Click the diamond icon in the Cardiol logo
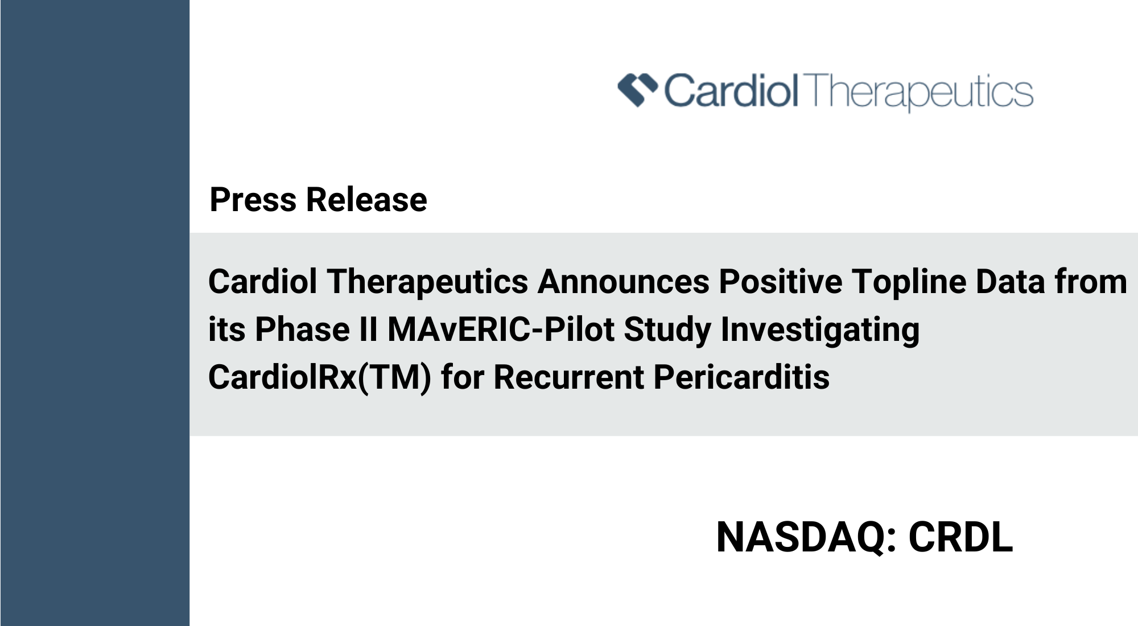tap(638, 90)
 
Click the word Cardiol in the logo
tap(732, 91)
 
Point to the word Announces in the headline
tap(624, 282)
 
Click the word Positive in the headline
tap(781, 282)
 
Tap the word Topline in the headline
tap(909, 283)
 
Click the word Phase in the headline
tap(302, 330)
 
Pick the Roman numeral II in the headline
tap(369, 330)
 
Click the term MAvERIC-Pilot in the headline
tap(501, 330)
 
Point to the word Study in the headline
tap(667, 331)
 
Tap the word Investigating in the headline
tap(820, 331)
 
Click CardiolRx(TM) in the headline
tap(320, 378)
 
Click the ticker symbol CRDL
tap(960, 537)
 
